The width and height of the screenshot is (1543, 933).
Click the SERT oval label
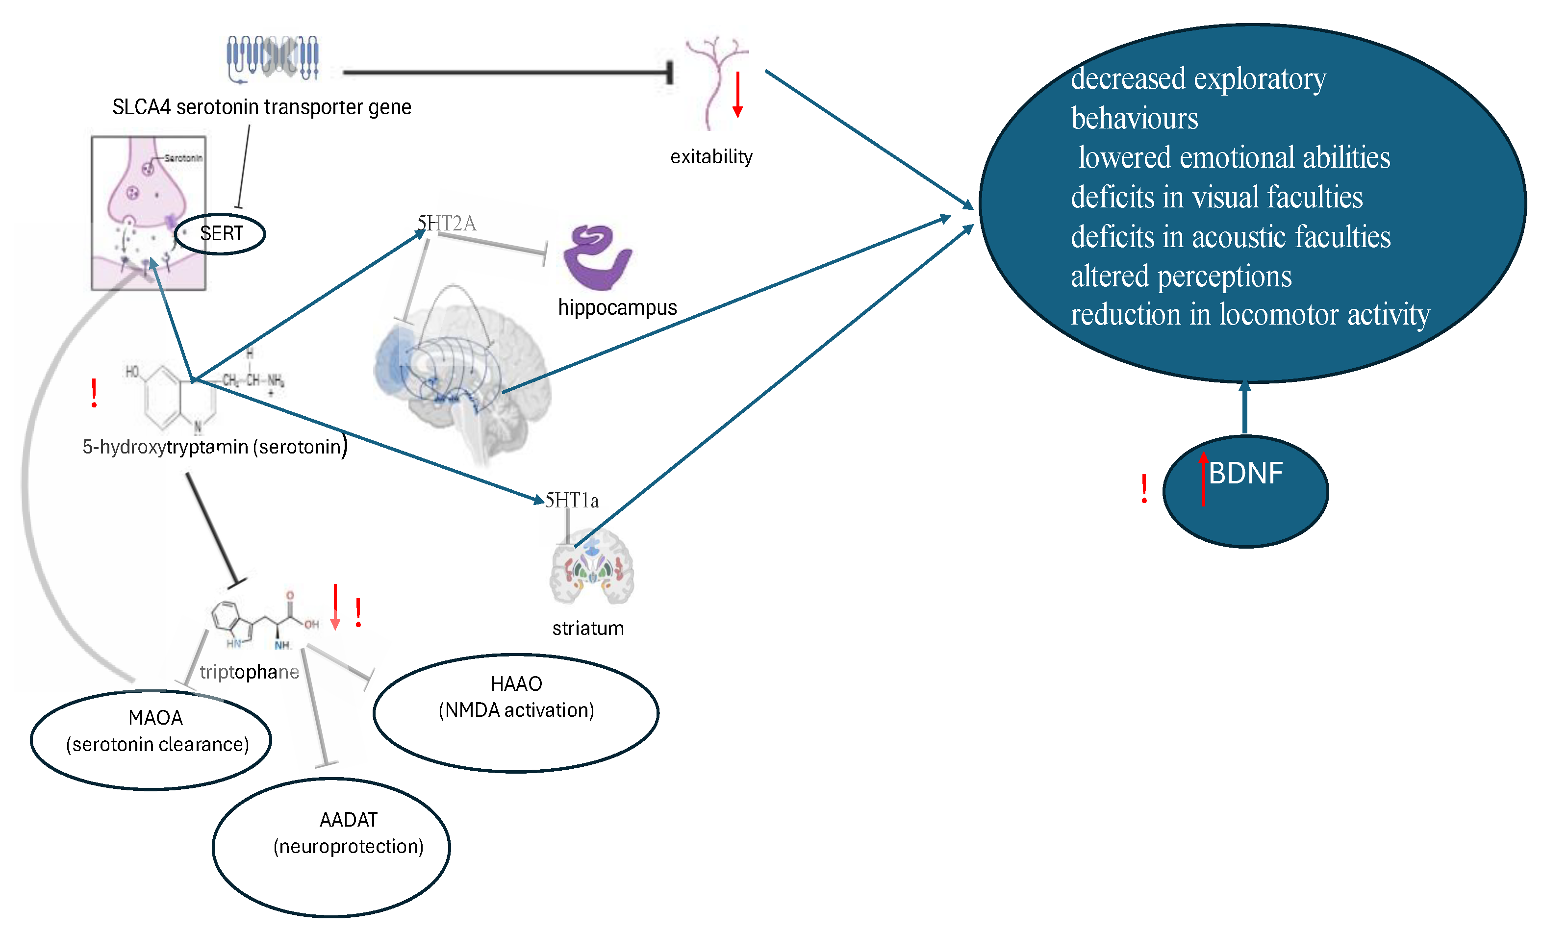(221, 234)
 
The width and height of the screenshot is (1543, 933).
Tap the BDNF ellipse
(1245, 492)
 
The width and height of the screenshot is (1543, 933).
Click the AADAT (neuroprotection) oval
(331, 847)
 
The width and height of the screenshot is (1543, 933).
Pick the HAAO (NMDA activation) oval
(515, 712)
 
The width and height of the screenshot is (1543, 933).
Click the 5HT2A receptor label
(447, 223)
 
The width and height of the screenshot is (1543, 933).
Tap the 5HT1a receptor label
(572, 500)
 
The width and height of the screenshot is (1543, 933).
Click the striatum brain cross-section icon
(591, 567)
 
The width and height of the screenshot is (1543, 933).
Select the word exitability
(711, 156)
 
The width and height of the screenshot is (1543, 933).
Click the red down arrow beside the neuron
(738, 94)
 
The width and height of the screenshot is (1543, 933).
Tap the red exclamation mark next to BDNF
(1144, 489)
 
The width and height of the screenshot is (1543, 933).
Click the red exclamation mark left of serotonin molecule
(94, 393)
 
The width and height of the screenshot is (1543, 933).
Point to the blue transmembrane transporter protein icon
(273, 58)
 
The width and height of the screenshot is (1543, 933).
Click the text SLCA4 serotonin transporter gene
(262, 107)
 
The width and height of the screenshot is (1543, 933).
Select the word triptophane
(249, 672)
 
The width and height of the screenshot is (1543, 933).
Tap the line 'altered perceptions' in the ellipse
(1181, 276)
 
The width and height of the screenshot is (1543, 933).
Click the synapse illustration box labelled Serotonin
(149, 213)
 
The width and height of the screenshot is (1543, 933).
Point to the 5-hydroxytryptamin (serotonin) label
(214, 447)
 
